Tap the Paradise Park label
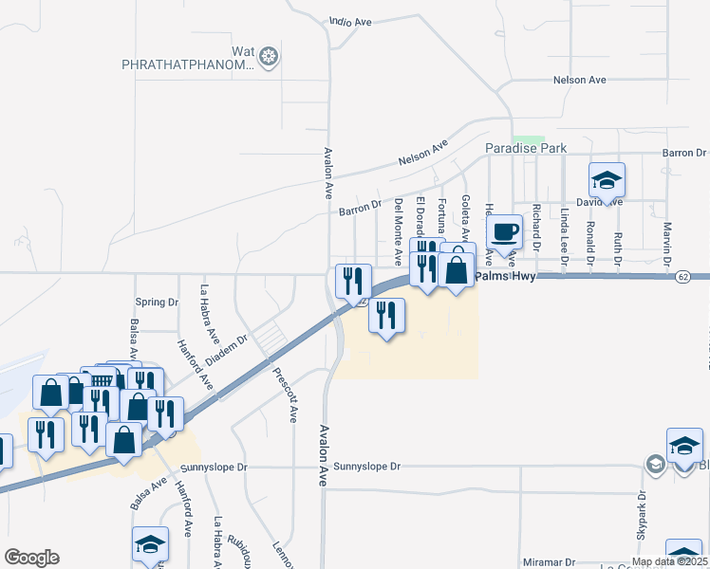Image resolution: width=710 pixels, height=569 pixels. tap(526, 149)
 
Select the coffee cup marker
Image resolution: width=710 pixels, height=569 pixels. tap(504, 231)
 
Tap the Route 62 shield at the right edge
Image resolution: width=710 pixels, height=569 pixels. tap(683, 276)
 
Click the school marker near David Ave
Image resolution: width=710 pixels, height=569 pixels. tap(607, 179)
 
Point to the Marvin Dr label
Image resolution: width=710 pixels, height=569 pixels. tap(667, 243)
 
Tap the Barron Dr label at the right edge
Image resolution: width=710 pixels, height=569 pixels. tap(686, 153)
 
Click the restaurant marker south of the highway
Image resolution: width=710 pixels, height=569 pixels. tap(386, 315)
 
